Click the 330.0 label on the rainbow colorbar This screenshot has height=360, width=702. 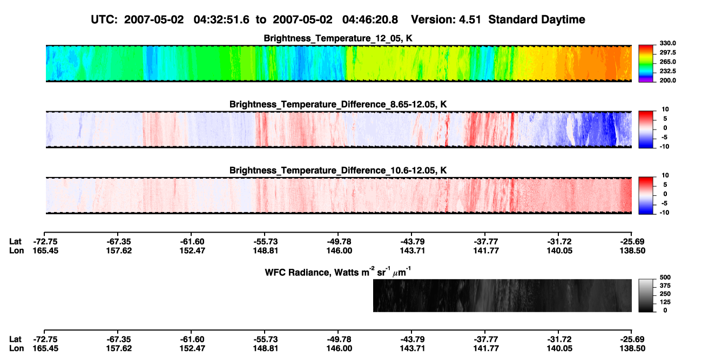[x=667, y=43]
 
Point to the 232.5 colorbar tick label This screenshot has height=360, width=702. [x=667, y=71]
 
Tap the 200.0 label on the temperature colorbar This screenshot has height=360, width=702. [x=667, y=80]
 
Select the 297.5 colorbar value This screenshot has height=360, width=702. [x=667, y=52]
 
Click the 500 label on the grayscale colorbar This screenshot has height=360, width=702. [x=665, y=277]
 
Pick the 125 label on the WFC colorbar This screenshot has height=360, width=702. [x=665, y=302]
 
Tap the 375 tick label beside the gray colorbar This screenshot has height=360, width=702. [x=665, y=286]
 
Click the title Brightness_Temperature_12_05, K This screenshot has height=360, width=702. [x=338, y=38]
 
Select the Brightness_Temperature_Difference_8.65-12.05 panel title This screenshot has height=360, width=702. [x=338, y=104]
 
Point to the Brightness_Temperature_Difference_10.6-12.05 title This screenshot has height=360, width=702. [x=338, y=171]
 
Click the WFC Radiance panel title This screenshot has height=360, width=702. [x=338, y=271]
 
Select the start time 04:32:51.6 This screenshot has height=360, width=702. [x=221, y=19]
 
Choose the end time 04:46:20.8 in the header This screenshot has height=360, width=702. [x=370, y=19]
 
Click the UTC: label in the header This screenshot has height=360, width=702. [x=104, y=19]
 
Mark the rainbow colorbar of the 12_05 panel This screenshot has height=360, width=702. [x=646, y=64]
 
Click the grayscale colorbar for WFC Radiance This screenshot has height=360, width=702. [x=646, y=295]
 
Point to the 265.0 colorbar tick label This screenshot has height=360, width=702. [x=667, y=62]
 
